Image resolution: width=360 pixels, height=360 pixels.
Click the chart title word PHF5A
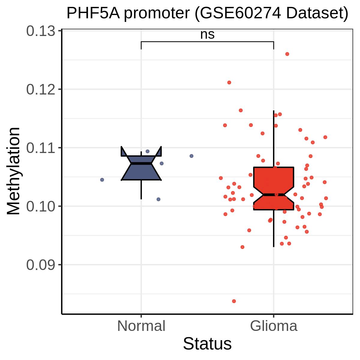(x=93, y=13)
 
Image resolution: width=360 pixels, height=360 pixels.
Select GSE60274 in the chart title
(x=238, y=13)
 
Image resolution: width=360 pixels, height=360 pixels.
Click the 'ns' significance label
(x=207, y=34)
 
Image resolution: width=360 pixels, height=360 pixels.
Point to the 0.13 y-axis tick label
(x=40, y=31)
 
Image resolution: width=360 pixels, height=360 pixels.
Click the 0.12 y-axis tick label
(x=40, y=90)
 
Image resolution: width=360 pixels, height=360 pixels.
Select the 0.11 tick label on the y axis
(x=40, y=148)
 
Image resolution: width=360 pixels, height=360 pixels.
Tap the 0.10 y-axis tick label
(x=40, y=207)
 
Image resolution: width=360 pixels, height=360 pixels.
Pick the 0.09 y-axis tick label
(x=40, y=265)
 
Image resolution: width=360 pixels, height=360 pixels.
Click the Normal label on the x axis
(x=141, y=326)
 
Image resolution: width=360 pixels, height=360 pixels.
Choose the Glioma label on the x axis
(x=274, y=326)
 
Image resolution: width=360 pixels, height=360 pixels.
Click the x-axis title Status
(x=207, y=344)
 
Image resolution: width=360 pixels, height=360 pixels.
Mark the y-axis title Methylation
(x=13, y=171)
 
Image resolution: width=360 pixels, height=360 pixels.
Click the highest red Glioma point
(x=287, y=54)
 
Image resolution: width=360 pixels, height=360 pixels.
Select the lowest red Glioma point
(x=234, y=301)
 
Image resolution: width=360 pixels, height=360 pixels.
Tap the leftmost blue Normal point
(x=102, y=180)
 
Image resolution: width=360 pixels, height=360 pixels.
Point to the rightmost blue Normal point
(x=191, y=156)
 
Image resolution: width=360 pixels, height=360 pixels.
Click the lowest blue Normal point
(x=158, y=199)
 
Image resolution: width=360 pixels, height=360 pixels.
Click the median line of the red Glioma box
(x=274, y=195)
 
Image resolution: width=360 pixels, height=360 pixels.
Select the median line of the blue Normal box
(x=141, y=163)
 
